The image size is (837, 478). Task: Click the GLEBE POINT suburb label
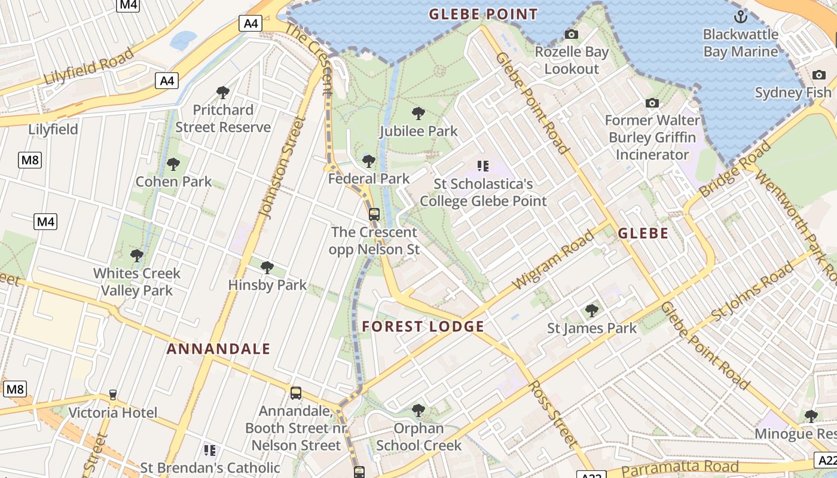[483, 14]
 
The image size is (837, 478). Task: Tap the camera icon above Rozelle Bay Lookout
[572, 35]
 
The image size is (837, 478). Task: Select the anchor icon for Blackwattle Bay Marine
[741, 16]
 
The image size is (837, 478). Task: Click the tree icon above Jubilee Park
[418, 113]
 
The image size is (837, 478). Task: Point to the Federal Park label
[369, 178]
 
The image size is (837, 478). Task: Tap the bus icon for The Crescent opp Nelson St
[374, 214]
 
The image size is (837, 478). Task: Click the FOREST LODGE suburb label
[423, 326]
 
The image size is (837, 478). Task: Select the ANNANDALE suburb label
[218, 349]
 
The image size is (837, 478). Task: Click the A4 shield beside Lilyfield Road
[167, 80]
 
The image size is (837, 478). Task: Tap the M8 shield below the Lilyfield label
[29, 160]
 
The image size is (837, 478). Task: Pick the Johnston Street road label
[282, 167]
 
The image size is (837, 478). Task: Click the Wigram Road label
[553, 259]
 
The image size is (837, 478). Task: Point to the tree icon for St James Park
[592, 310]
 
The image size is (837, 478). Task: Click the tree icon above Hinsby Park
[267, 267]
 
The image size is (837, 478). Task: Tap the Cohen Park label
[173, 182]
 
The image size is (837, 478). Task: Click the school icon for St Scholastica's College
[483, 166]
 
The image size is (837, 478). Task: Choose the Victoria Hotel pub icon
[112, 395]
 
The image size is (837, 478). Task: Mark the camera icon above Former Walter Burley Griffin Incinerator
[652, 103]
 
